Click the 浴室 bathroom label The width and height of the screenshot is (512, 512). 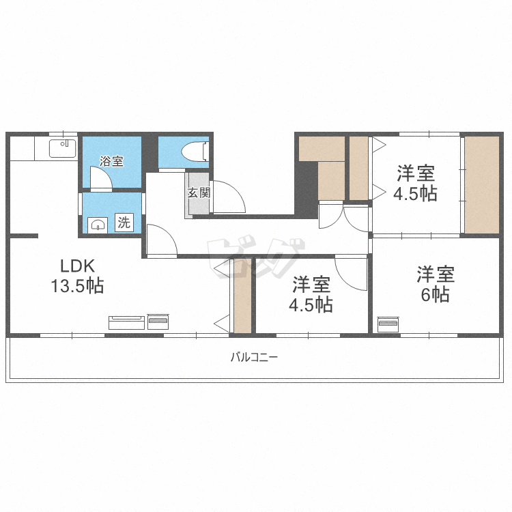(x=111, y=161)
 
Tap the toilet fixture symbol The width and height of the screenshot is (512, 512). (x=195, y=152)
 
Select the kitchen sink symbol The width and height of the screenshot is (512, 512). (x=63, y=148)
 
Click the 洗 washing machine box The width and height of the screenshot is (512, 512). (x=124, y=223)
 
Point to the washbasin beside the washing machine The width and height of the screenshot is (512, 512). (x=98, y=225)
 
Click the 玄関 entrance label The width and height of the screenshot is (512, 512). (x=199, y=193)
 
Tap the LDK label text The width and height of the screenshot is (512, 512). (x=77, y=266)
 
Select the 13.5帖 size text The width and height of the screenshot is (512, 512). (x=77, y=286)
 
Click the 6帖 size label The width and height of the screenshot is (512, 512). (x=436, y=295)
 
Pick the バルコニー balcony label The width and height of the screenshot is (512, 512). (x=255, y=357)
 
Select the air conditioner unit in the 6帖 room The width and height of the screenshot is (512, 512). (x=388, y=324)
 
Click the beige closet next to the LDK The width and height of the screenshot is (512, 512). (x=242, y=296)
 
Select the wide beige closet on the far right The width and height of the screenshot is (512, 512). (x=482, y=185)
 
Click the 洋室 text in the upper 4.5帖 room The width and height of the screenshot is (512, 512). (x=416, y=173)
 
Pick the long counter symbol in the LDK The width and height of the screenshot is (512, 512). (x=127, y=323)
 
